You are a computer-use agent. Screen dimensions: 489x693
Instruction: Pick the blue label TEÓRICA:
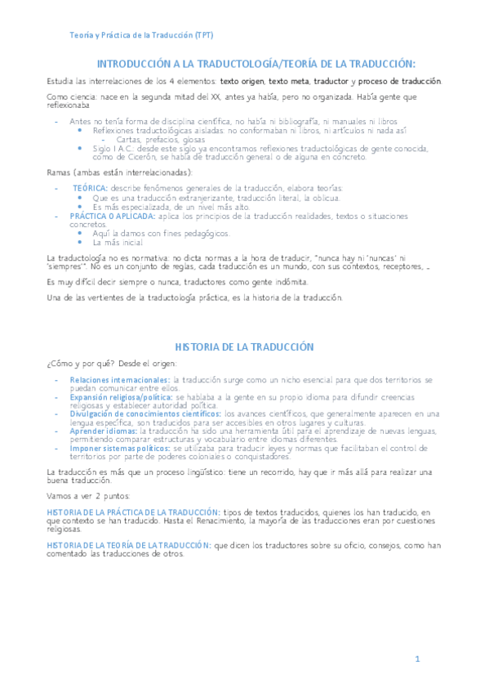pos(90,188)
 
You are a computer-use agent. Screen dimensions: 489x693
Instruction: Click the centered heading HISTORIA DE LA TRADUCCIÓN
pos(244,347)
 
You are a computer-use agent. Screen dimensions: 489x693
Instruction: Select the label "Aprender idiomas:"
pos(104,431)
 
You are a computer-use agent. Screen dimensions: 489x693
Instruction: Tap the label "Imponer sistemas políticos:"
pos(120,448)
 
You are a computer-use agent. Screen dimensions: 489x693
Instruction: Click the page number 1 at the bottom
pos(417,659)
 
